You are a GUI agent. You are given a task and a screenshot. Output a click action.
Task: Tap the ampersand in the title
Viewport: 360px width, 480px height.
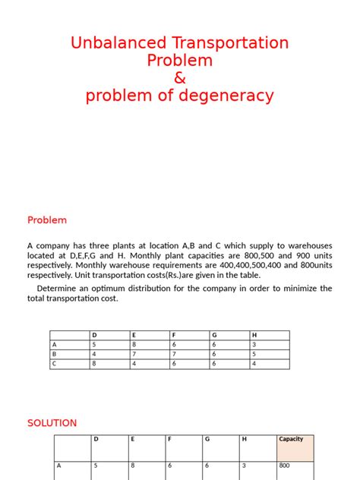coord(180,78)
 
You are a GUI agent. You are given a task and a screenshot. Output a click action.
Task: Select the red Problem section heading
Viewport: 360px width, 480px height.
coord(47,220)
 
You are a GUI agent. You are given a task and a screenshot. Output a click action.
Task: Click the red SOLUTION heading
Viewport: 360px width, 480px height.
coord(52,423)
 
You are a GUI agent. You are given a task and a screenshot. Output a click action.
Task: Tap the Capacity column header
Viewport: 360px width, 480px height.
coord(292,439)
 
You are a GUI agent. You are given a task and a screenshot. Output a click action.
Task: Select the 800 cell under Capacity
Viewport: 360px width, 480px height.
coord(285,466)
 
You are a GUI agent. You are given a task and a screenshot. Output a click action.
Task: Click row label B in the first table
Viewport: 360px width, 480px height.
coord(54,354)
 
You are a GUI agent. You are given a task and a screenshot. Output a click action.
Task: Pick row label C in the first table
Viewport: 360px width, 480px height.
coord(54,364)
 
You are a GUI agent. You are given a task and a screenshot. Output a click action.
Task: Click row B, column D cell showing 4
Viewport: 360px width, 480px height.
coord(94,354)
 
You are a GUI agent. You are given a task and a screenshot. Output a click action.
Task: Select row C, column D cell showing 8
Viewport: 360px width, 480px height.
coord(94,364)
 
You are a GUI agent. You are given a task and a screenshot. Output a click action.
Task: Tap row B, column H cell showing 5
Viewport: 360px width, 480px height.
coord(254,354)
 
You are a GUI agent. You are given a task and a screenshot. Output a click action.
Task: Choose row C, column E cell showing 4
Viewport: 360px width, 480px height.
coord(134,364)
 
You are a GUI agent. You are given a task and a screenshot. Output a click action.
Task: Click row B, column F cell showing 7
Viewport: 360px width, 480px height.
coord(174,354)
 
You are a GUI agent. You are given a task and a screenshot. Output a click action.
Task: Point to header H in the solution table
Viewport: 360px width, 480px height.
coord(244,439)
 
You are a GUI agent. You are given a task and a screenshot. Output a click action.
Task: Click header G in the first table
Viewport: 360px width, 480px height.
coord(214,335)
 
